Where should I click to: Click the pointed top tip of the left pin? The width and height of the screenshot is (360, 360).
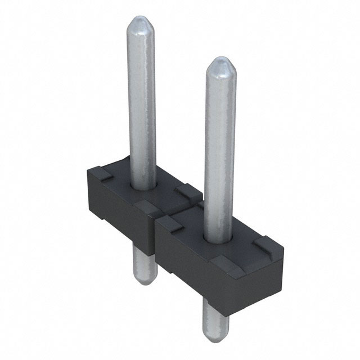click(x=138, y=20)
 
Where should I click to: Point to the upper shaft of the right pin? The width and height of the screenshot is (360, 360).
click(x=220, y=146)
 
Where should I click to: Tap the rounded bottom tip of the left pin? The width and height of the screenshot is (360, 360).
click(x=144, y=284)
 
